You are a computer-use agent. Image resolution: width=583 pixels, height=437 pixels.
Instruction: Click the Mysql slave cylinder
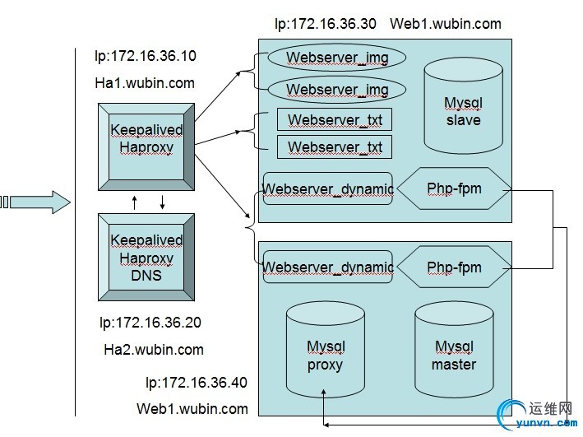point(463,112)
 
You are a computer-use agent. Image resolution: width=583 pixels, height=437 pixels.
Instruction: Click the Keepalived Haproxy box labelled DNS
point(146,258)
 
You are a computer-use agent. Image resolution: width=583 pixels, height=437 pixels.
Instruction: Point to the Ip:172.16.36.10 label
point(146,58)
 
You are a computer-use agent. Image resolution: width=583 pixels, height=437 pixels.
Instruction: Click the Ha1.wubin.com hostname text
point(146,82)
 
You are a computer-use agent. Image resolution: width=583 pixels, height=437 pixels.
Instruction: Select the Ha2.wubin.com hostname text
point(154,350)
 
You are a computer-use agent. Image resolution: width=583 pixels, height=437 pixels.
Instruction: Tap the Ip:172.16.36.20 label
point(150,323)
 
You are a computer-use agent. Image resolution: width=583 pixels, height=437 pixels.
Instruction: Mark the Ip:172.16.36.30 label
point(326,24)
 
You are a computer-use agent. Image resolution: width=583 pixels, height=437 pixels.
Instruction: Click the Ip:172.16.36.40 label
point(196,383)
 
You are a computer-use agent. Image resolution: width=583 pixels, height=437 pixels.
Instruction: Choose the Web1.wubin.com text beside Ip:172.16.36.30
point(445,24)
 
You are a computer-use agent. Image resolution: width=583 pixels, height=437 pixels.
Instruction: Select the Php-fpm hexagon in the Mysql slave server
point(454,189)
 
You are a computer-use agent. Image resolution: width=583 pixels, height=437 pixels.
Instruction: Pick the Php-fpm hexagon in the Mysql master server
point(454,267)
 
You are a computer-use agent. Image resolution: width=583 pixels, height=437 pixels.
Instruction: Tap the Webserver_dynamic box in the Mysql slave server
point(327,189)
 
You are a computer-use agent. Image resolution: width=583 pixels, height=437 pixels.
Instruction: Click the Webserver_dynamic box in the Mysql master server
point(327,267)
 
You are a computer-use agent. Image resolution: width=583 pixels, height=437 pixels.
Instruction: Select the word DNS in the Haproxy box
point(146,276)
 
